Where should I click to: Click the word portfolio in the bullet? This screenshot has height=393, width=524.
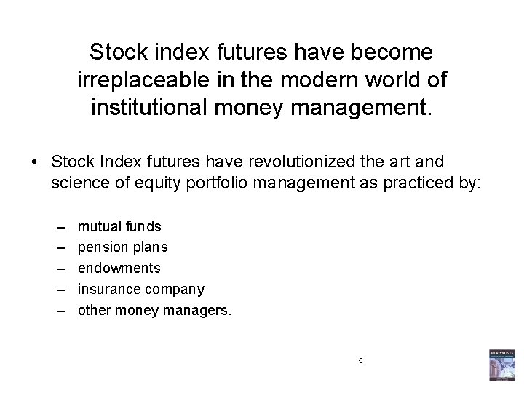tap(215, 182)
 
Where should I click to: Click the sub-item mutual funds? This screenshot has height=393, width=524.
tap(120, 227)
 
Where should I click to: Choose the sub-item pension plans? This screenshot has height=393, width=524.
tap(123, 247)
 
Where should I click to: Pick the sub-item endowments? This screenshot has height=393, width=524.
tap(119, 268)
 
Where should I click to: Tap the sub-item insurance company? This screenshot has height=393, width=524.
tap(141, 289)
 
